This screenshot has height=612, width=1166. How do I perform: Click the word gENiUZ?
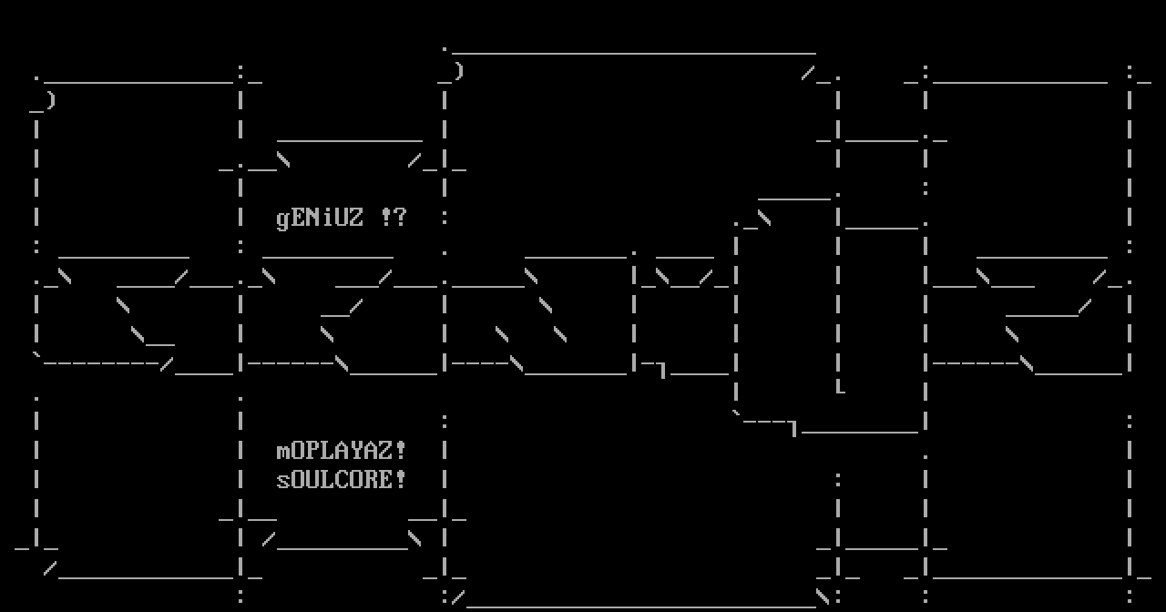coord(320,218)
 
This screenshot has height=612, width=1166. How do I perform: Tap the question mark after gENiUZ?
coord(401,218)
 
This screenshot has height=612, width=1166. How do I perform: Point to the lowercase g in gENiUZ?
coord(283,219)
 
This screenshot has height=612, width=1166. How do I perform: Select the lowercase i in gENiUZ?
coord(327,218)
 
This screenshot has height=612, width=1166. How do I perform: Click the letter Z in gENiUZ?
coord(356,218)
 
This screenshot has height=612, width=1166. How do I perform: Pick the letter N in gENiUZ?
coord(312,218)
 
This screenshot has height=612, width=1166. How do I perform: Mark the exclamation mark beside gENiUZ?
coord(385,218)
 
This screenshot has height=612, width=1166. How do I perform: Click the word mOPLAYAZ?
coord(342,450)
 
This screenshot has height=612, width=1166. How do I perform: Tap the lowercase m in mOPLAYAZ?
coord(283,452)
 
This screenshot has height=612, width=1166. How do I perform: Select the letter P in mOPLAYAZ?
coord(312,450)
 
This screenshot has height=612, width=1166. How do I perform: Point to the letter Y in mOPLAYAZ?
coord(356,450)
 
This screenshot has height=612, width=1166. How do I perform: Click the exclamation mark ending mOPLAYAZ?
coord(400,450)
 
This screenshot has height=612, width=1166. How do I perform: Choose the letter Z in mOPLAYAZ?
coord(385,450)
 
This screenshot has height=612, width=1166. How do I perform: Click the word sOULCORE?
coord(342,479)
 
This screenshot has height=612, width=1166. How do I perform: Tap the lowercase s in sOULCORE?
coord(283,481)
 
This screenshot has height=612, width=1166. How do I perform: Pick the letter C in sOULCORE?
coord(342,479)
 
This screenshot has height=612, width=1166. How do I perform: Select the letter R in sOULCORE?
coord(371,479)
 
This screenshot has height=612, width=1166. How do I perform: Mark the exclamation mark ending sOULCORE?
coord(400,479)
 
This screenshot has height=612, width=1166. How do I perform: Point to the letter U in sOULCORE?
coord(312,479)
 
